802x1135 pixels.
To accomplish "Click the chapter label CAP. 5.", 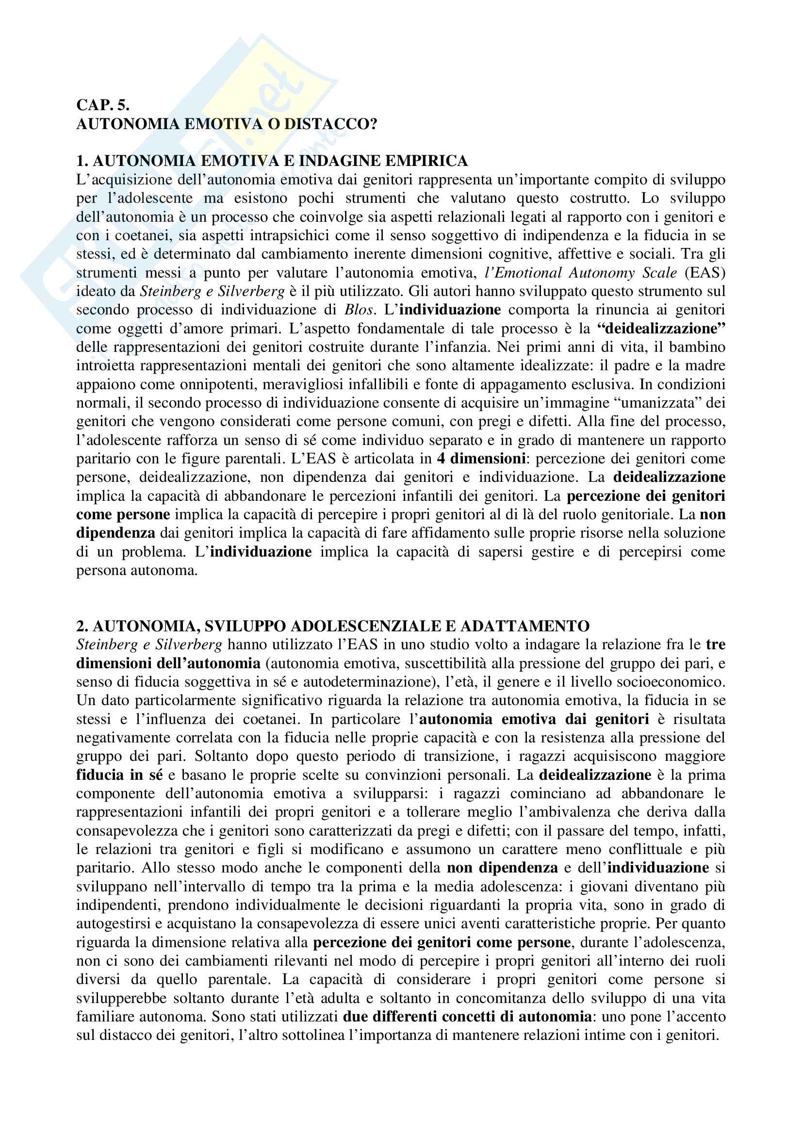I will (103, 105).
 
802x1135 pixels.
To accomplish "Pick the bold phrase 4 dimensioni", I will (481, 459).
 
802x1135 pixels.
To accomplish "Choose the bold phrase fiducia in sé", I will (119, 774).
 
